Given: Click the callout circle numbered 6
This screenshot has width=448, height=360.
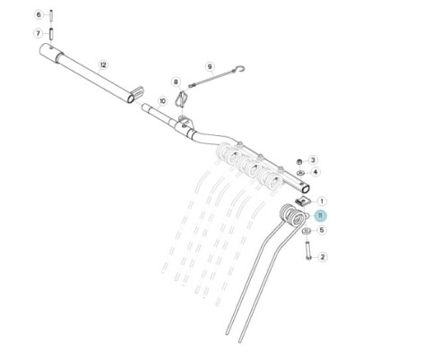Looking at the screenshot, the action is (x=39, y=14).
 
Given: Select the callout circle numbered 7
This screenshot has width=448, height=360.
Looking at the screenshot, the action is (x=38, y=33).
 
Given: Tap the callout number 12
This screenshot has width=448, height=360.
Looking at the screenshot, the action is (x=103, y=64).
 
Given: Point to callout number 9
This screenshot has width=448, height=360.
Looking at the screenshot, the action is (x=210, y=66).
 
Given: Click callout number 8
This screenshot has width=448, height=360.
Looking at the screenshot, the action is (x=176, y=81).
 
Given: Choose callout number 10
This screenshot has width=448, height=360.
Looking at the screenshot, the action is (x=162, y=101).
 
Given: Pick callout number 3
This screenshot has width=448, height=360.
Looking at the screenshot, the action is (x=313, y=160).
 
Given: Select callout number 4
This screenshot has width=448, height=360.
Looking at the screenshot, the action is (x=315, y=172).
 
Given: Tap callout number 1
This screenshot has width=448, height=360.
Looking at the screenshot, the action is (x=322, y=201).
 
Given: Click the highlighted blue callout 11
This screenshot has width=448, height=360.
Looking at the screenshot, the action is (x=321, y=216).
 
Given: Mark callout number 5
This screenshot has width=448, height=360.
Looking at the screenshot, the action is (x=322, y=230).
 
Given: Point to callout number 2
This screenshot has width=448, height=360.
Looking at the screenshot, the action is (x=322, y=257).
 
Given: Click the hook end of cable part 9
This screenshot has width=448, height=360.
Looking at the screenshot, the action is (x=241, y=69).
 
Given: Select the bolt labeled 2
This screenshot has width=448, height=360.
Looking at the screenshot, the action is (x=307, y=250).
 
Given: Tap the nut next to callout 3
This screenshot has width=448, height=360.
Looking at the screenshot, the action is (x=299, y=162).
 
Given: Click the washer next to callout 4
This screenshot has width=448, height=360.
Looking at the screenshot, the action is (x=300, y=173).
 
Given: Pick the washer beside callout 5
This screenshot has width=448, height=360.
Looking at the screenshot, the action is (x=306, y=231).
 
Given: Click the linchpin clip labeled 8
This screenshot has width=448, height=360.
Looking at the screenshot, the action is (x=182, y=99).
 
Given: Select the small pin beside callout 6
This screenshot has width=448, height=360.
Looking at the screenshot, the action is (x=51, y=15).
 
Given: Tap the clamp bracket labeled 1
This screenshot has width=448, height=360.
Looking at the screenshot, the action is (x=302, y=201).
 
